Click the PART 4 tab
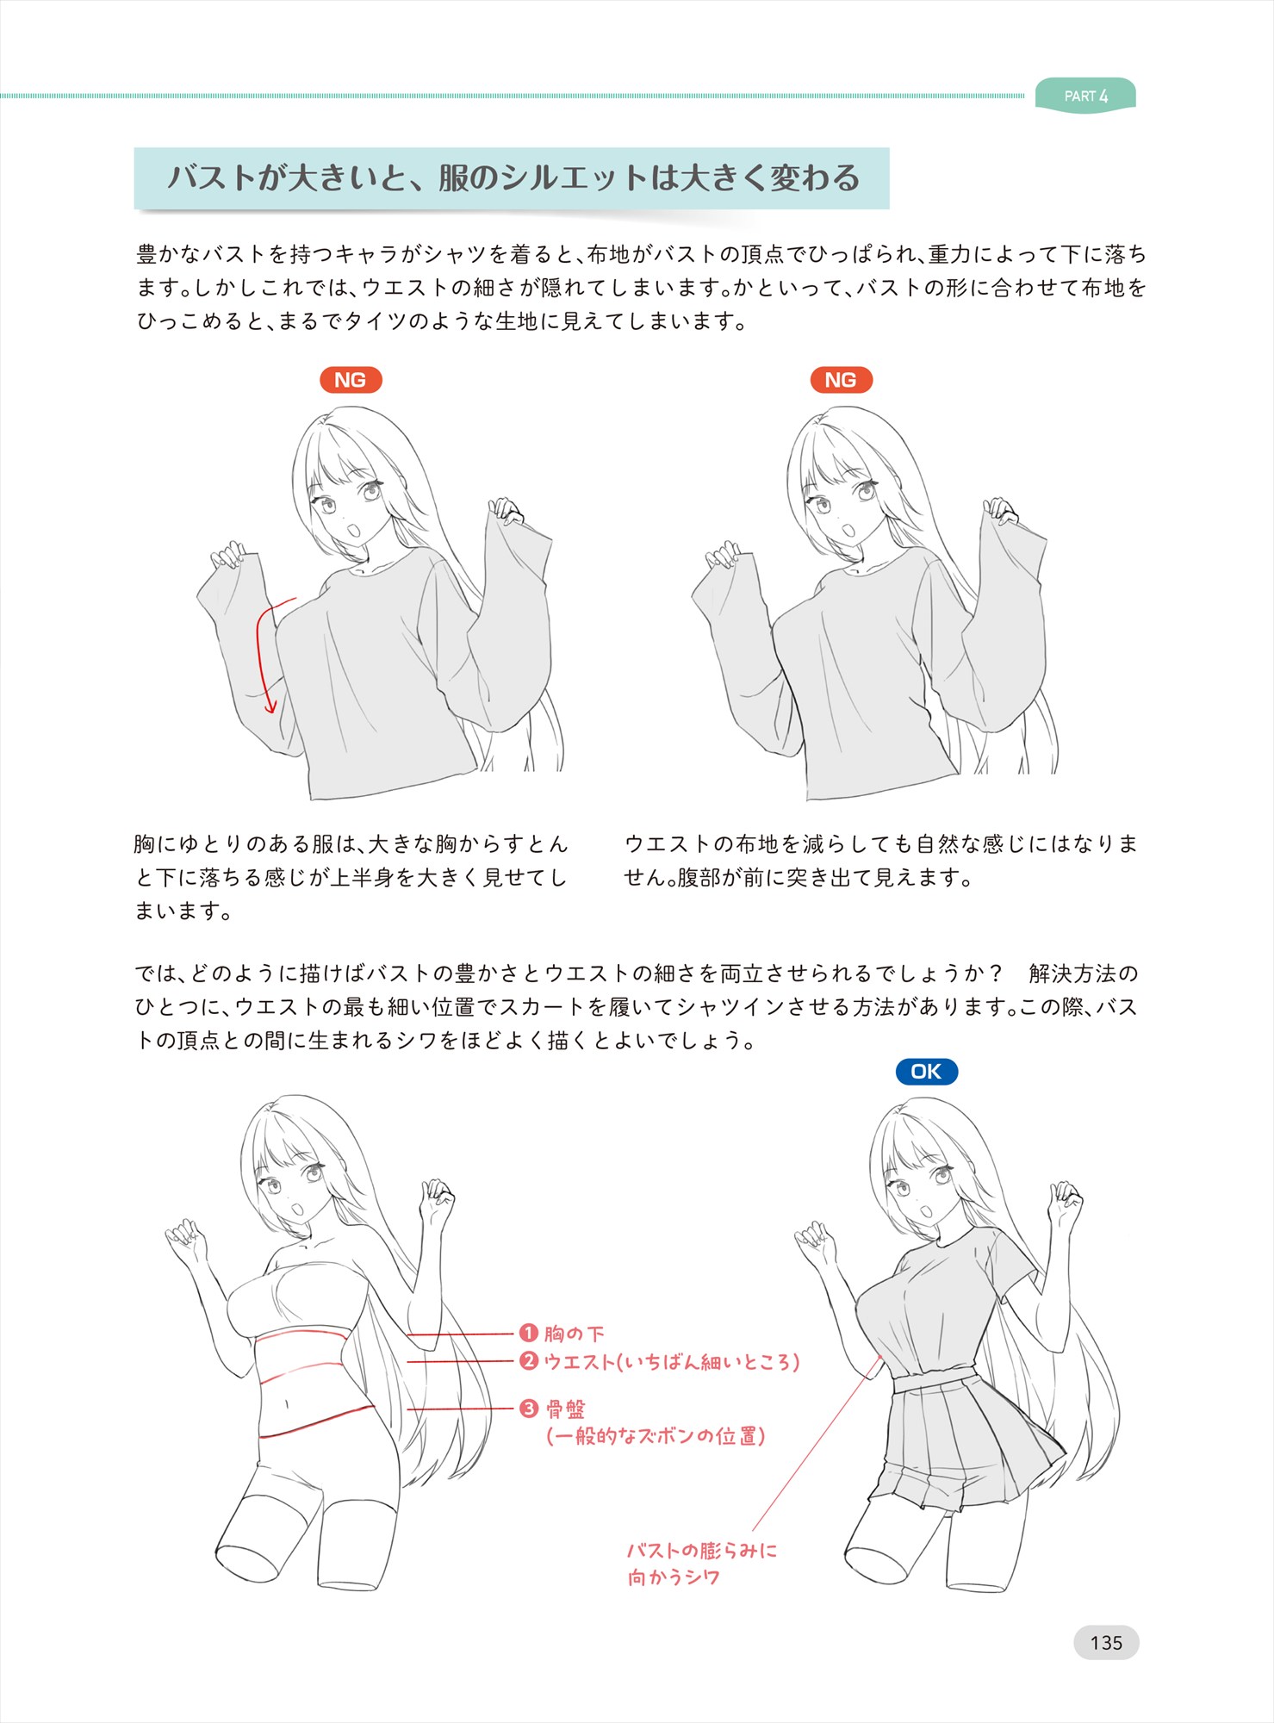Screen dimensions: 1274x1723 point(1085,95)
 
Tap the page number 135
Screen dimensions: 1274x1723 point(1106,1643)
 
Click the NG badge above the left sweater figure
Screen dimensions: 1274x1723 point(351,380)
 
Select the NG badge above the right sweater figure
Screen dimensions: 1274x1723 point(841,380)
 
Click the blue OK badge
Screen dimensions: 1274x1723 point(926,1072)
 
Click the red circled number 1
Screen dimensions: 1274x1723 point(529,1334)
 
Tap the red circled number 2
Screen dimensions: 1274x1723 point(529,1361)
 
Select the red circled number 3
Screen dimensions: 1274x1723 point(529,1409)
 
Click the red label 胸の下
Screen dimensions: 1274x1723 point(574,1334)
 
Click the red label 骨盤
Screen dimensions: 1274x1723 point(565,1409)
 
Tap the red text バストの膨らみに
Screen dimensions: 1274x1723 point(701,1551)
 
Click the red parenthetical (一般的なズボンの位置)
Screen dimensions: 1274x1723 point(656,1436)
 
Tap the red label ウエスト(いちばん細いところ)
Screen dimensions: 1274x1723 point(672,1362)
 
